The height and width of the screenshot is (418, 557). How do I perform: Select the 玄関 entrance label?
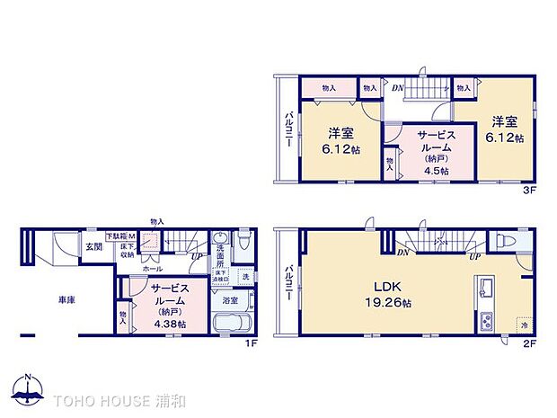click(x=93, y=246)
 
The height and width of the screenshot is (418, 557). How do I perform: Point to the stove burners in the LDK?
click(x=486, y=320)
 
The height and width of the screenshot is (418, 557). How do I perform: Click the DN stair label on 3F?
click(x=396, y=88)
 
